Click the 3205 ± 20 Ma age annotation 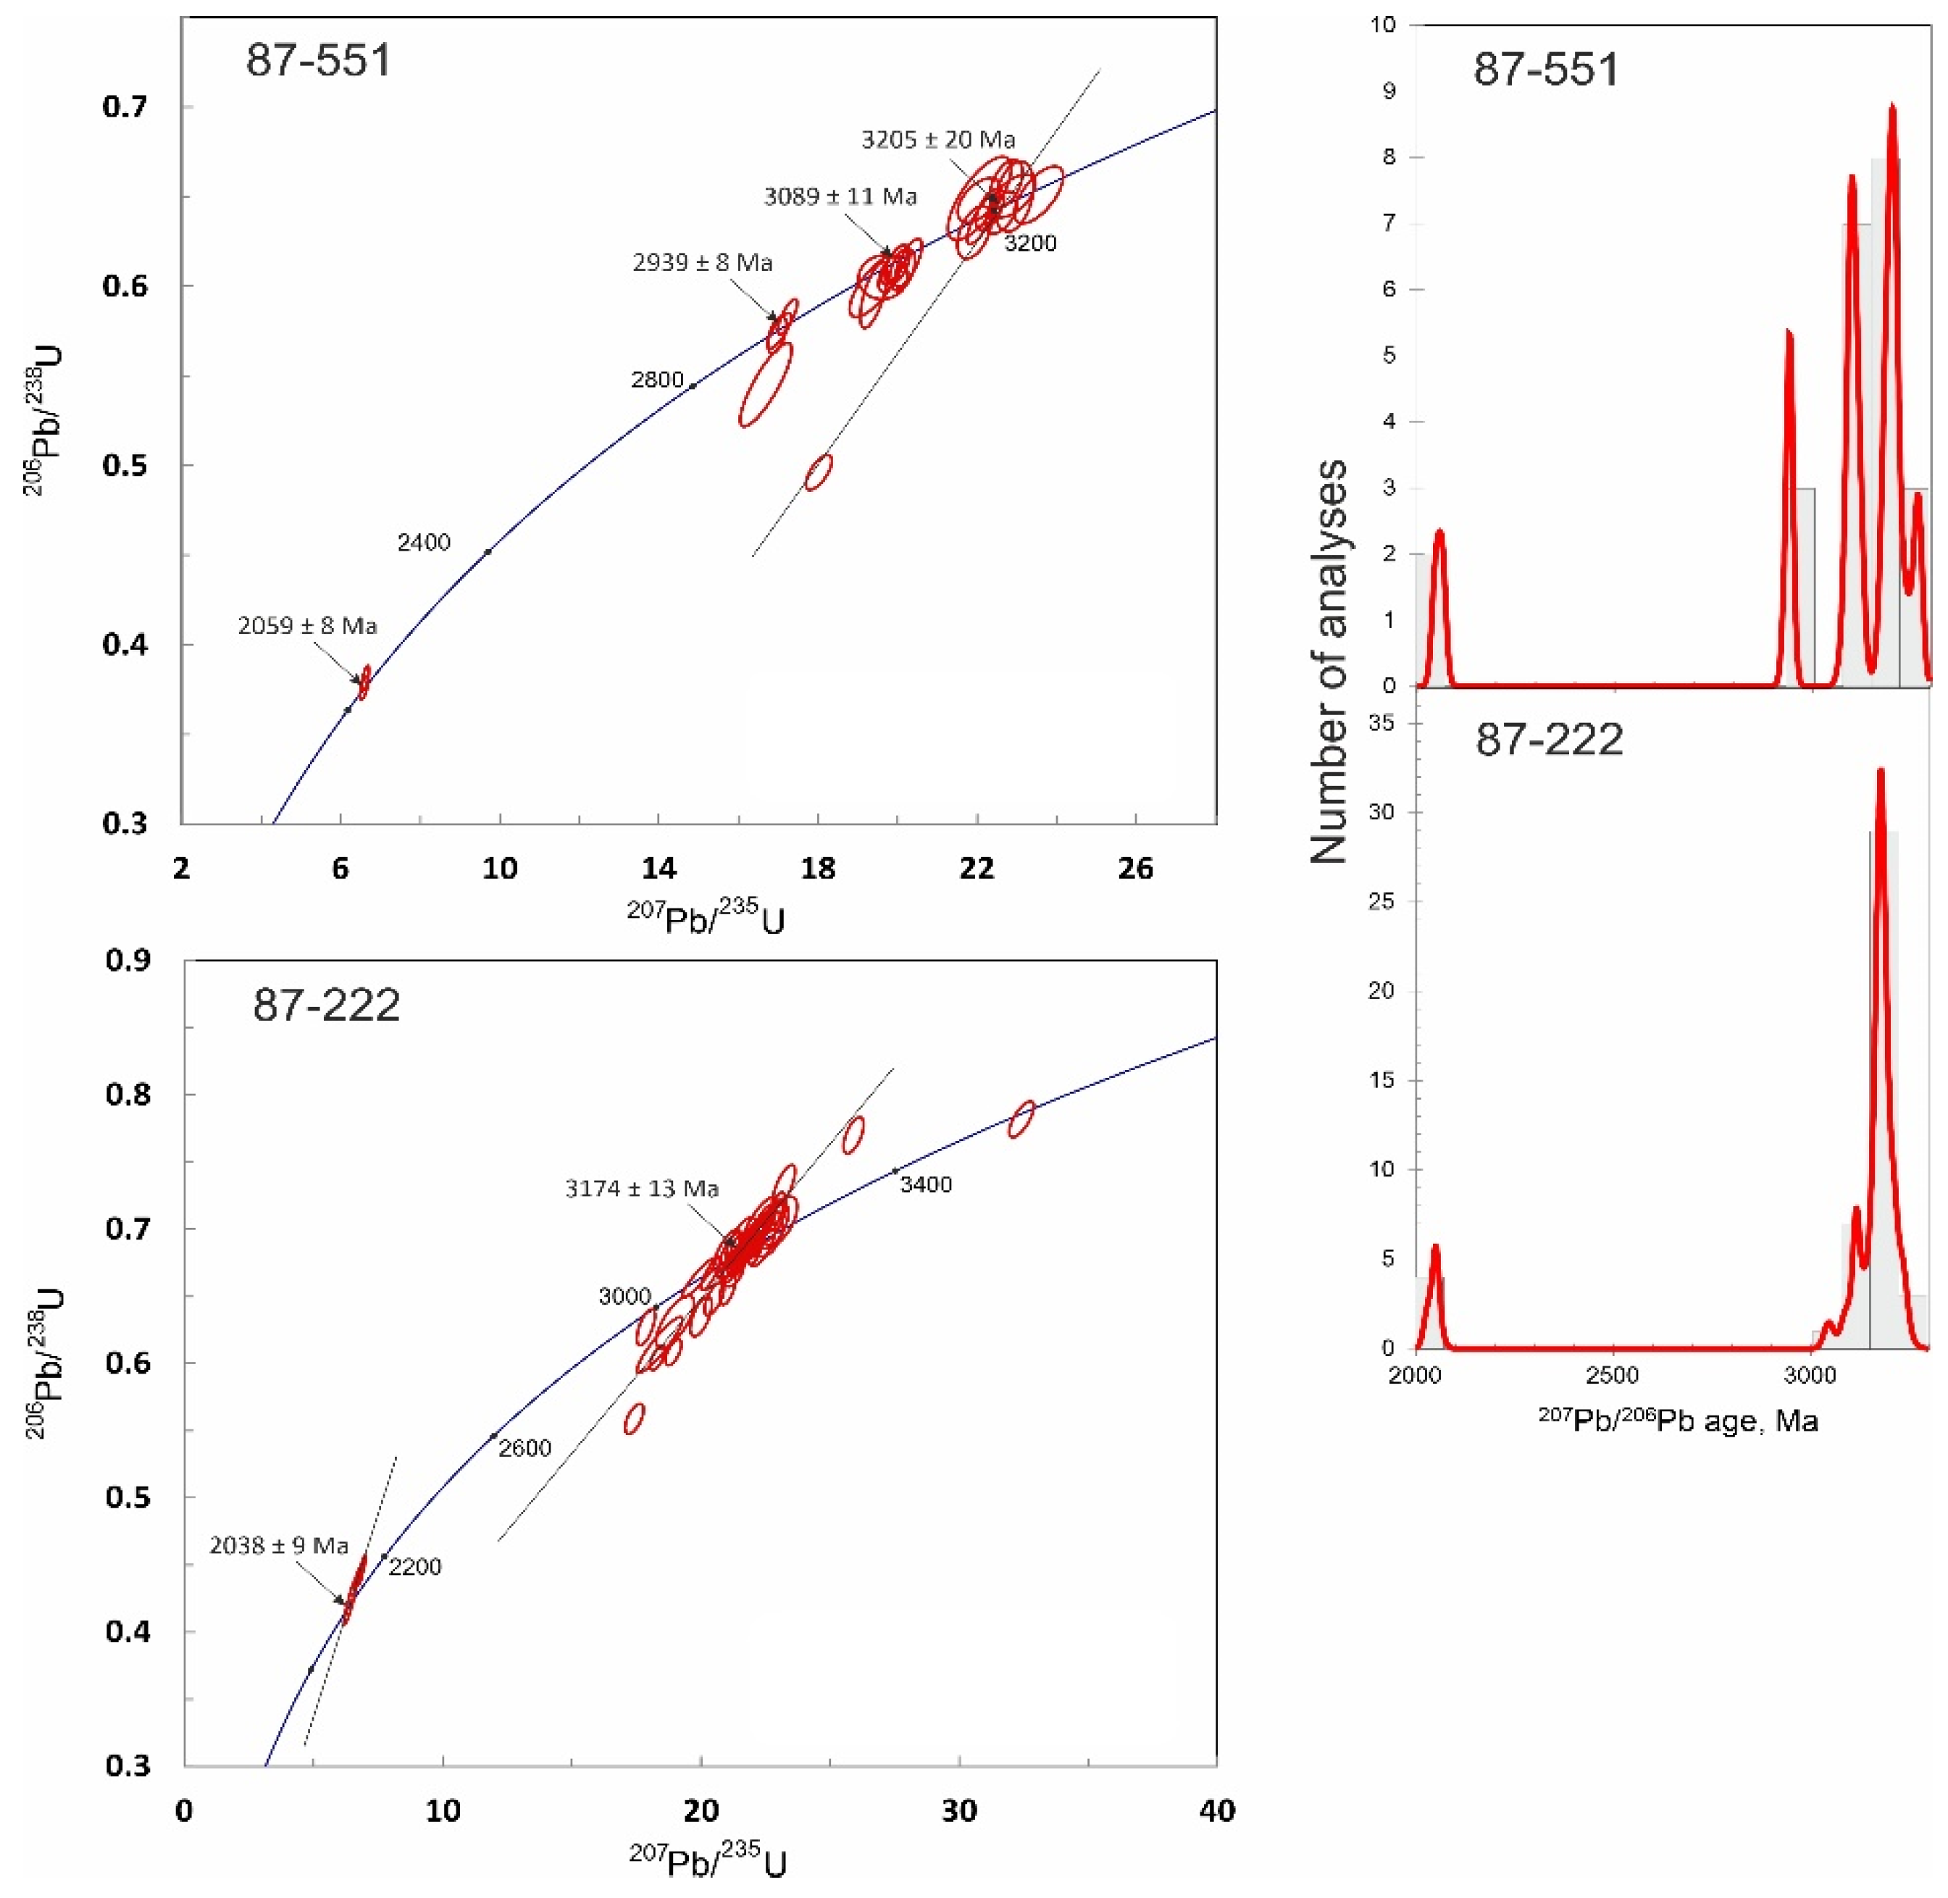coord(937,140)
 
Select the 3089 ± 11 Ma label coord(840,196)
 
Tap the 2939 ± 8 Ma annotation coord(702,263)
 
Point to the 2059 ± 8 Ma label coord(307,626)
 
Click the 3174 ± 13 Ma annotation coord(641,1188)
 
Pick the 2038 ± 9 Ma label coord(278,1545)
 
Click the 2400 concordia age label coord(424,543)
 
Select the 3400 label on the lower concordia coord(925,1184)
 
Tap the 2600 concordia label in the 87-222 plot coord(524,1448)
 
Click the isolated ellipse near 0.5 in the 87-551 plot coord(819,472)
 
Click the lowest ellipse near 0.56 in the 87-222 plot coord(634,1418)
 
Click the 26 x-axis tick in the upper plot coord(1135,869)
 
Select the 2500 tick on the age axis coord(1612,1376)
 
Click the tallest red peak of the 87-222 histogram coord(1880,772)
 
